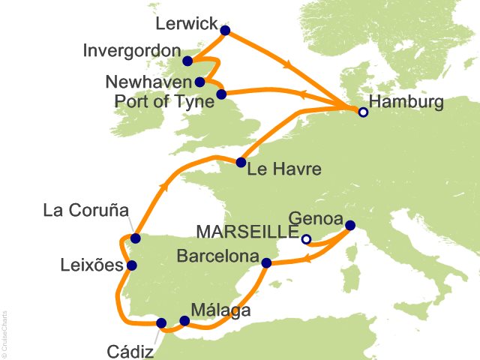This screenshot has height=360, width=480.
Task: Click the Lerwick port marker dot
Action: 225,31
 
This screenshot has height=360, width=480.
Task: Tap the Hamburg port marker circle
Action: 363,112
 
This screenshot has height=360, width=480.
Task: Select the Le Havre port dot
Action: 241,163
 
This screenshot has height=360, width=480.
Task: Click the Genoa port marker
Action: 349,224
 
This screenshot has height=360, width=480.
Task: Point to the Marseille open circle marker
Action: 306,240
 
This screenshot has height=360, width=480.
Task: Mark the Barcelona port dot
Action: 265,262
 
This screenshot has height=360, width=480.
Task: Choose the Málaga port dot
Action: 184,321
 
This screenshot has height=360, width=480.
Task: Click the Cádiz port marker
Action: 161,323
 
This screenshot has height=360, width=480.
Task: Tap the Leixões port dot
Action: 132,265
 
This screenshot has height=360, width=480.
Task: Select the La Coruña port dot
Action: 135,238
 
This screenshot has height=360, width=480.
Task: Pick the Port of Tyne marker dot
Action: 221,94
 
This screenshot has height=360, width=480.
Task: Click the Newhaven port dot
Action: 199,82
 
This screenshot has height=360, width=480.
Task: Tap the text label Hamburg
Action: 411,103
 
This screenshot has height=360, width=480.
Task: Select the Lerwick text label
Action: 186,24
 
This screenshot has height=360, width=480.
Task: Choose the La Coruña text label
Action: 85,209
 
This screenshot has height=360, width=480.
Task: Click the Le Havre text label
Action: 286,169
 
